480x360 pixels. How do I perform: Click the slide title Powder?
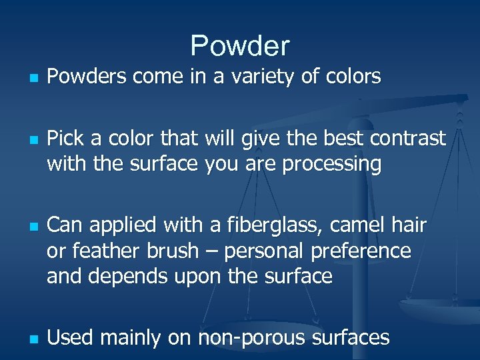point(240,46)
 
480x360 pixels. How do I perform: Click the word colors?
point(351,77)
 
